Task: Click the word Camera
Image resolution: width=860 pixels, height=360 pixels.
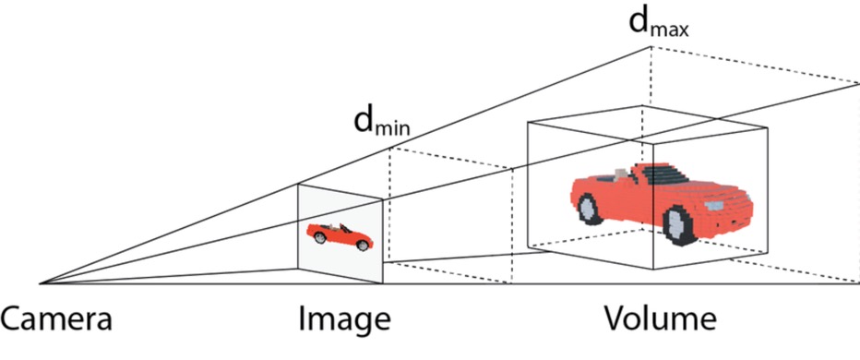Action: coord(56,319)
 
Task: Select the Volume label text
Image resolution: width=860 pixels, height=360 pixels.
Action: coord(661,319)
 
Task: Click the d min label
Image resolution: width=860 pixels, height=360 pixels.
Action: coord(382,122)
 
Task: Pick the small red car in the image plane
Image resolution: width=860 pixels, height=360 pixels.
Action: coord(340,236)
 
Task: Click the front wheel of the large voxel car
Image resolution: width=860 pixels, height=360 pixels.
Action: coord(679,224)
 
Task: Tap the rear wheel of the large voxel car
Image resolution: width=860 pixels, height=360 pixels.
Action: coord(589,209)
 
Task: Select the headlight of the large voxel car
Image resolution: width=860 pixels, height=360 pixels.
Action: coord(713,206)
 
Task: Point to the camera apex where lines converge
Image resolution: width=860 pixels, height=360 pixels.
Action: coord(40,283)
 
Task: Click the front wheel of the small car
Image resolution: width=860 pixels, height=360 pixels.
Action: coord(363,246)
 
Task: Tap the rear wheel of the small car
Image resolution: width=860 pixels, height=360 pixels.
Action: coord(320,237)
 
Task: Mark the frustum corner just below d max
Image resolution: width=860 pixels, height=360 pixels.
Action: coord(651,47)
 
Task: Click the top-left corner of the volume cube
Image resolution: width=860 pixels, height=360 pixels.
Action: coord(528,122)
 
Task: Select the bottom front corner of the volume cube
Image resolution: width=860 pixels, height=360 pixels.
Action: coord(653,269)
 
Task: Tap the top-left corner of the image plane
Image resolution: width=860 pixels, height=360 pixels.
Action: coord(298,185)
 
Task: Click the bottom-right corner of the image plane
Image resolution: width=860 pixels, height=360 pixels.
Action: coord(382,283)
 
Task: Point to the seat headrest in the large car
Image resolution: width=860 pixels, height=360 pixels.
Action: coord(621,174)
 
